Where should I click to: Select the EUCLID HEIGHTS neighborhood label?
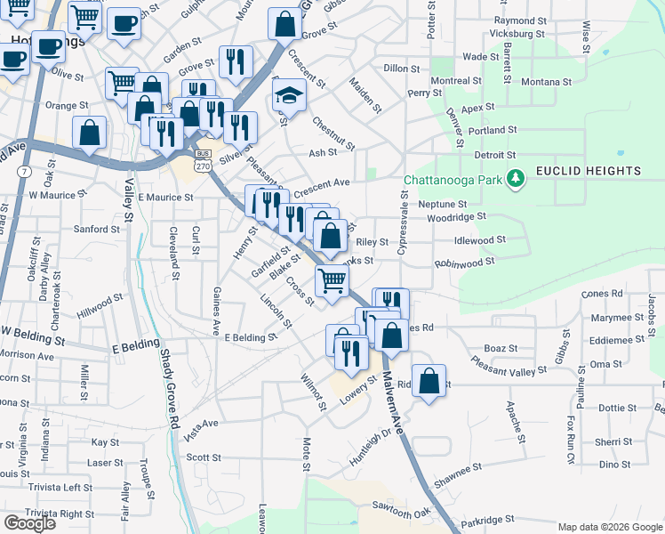(x=588, y=171)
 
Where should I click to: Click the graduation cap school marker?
(x=289, y=93)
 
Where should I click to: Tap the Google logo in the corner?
(x=29, y=523)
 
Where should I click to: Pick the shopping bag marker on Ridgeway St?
(x=429, y=381)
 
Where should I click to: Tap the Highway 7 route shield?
(x=24, y=170)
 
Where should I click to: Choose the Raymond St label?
(x=520, y=20)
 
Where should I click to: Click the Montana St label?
(x=546, y=82)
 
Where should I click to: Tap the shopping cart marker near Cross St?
(x=332, y=280)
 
